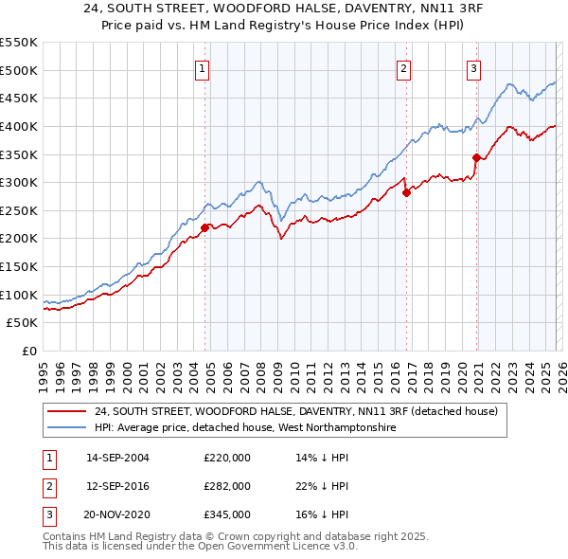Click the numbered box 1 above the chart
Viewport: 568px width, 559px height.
(x=204, y=67)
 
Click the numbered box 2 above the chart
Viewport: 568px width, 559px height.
(x=404, y=67)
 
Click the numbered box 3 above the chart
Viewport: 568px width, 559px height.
(x=473, y=67)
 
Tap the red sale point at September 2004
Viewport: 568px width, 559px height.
(x=204, y=226)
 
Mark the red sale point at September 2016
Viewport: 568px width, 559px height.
(x=406, y=192)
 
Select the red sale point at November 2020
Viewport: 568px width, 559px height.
(x=476, y=157)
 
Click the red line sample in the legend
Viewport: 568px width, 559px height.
(x=67, y=412)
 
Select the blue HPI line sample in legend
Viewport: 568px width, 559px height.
(x=67, y=428)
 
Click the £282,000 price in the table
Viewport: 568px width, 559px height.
(x=227, y=486)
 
